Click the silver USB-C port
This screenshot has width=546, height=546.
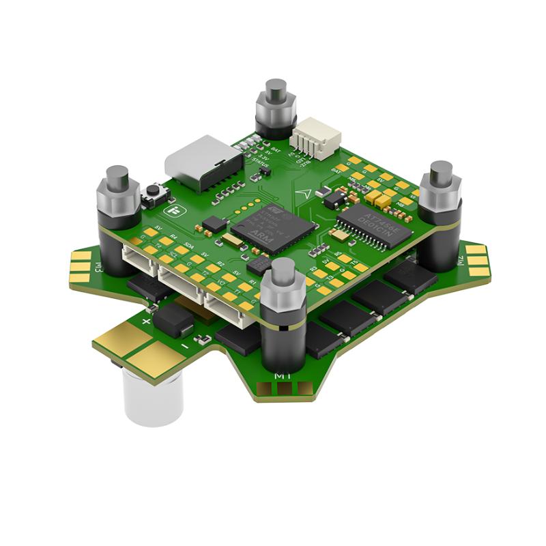[198, 162]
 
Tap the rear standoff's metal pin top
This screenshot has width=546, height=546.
[276, 88]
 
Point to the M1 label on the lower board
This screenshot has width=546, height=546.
[280, 375]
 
